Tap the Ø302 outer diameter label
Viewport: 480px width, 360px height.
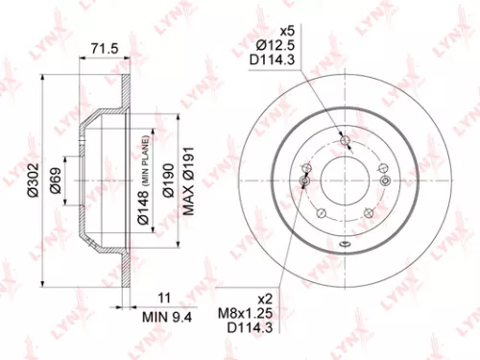pyautogui.click(x=32, y=180)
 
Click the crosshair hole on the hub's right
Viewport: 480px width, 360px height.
pyautogui.click(x=385, y=180)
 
